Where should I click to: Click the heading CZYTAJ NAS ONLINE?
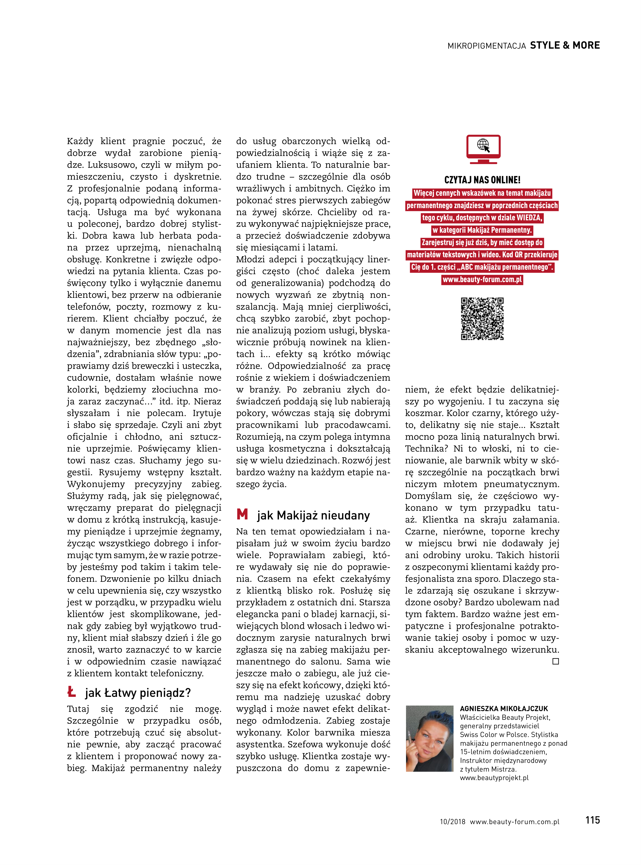tap(482, 180)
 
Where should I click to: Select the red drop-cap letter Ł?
tap(71, 692)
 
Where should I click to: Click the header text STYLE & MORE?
tap(565, 45)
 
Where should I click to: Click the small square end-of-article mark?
tap(556, 661)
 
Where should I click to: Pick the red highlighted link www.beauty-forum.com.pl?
tap(482, 279)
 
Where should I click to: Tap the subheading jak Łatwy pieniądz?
tap(138, 693)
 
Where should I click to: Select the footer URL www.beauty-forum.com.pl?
tap(514, 822)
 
